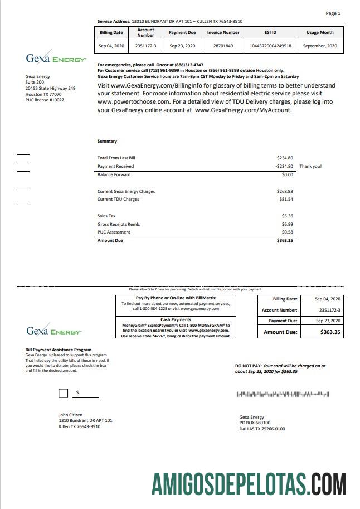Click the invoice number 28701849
[223, 46]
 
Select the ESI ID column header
[270, 33]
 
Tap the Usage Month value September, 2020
[320, 46]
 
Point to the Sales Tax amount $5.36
[287, 216]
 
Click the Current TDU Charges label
[118, 199]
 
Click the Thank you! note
[310, 166]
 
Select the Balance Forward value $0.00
[287, 174]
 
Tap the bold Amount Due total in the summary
[285, 240]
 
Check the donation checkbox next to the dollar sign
[64, 394]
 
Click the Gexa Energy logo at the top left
[56, 59]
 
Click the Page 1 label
[333, 13]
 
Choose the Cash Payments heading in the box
[176, 319]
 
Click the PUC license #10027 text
[45, 100]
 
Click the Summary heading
[107, 142]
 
